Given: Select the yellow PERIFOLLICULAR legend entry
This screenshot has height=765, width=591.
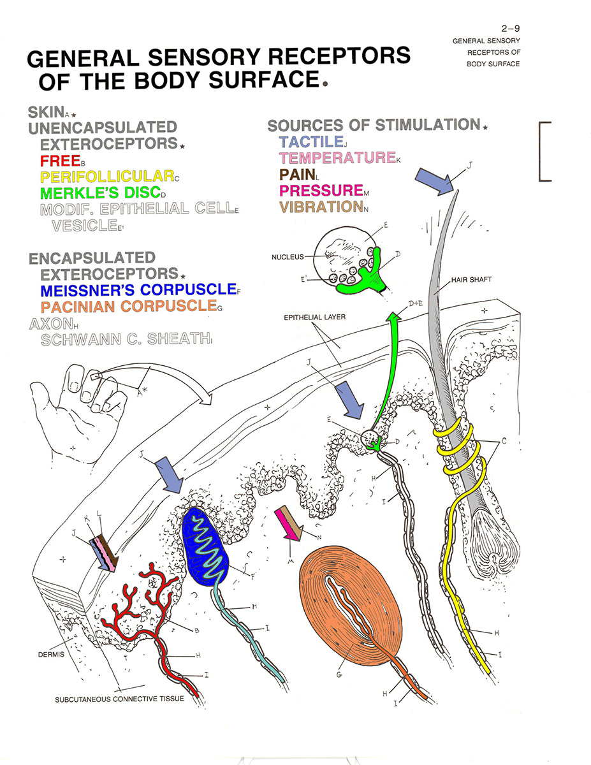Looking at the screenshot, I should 106,177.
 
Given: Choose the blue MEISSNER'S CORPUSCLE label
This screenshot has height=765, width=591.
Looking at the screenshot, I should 137,290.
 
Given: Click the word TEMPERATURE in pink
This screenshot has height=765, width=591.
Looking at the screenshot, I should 337,157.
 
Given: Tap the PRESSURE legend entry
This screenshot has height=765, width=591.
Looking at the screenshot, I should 321,190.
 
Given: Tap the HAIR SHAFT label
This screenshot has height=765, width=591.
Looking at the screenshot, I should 471,280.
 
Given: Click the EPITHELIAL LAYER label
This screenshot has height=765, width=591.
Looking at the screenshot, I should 320,317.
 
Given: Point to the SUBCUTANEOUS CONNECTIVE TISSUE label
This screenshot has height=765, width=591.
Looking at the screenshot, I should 119,699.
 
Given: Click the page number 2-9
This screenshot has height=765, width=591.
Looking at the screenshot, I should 511,28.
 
